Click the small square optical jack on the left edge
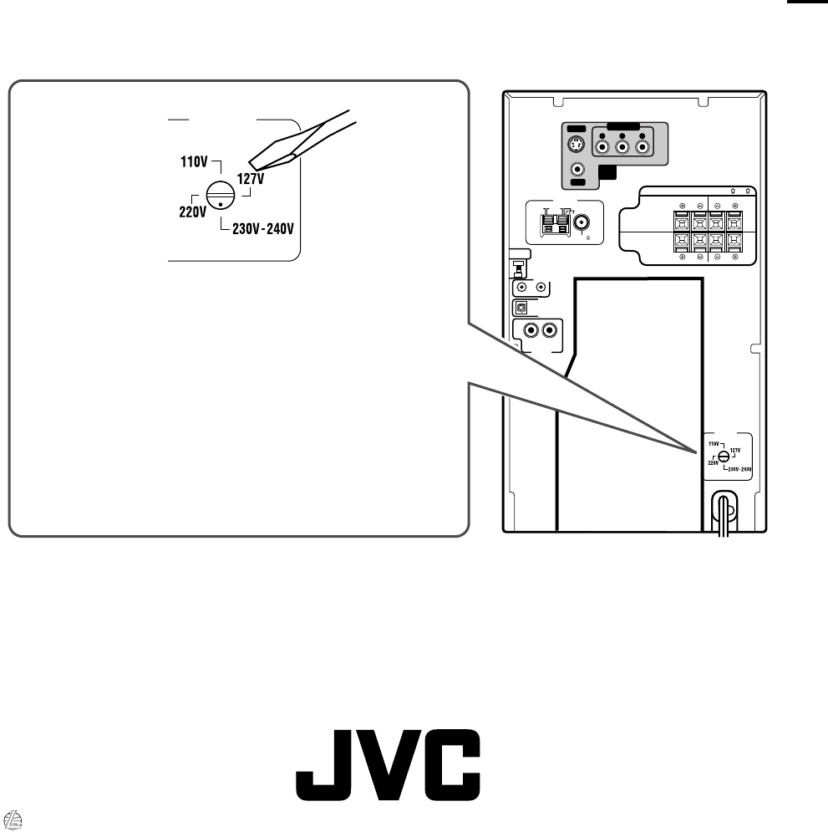click(x=522, y=307)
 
